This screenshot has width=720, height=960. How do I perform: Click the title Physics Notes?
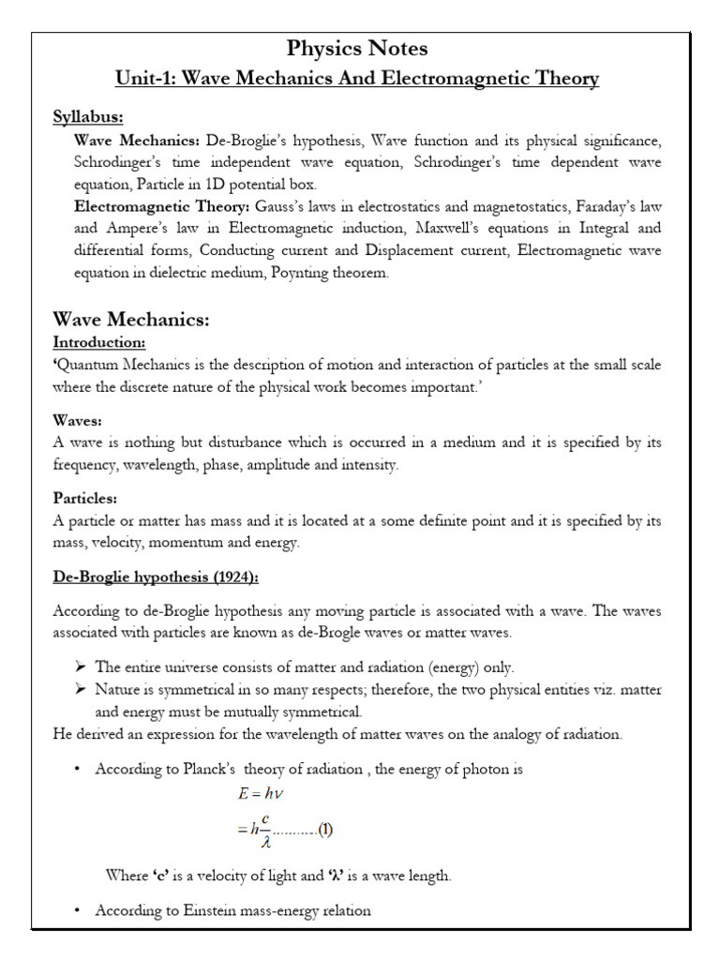point(356,47)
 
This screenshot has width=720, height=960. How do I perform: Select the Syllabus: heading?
point(88,117)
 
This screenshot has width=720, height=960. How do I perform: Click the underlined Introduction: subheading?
point(98,343)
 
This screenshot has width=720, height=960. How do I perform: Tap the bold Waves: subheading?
point(78,422)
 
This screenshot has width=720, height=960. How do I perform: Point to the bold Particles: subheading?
point(84,498)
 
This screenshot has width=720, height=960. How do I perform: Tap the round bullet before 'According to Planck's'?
point(77,770)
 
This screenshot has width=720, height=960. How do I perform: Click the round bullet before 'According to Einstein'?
point(77,910)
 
